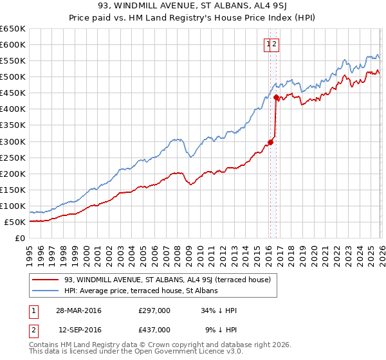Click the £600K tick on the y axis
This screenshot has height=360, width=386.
point(13,44)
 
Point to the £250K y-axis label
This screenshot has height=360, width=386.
point(13,157)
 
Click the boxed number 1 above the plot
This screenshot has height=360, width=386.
point(268,44)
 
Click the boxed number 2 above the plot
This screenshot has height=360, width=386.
point(275,44)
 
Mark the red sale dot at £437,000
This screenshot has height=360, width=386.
point(276,97)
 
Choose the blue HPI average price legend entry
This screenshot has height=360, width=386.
point(141,291)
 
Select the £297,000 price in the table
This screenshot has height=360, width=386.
point(154,310)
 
